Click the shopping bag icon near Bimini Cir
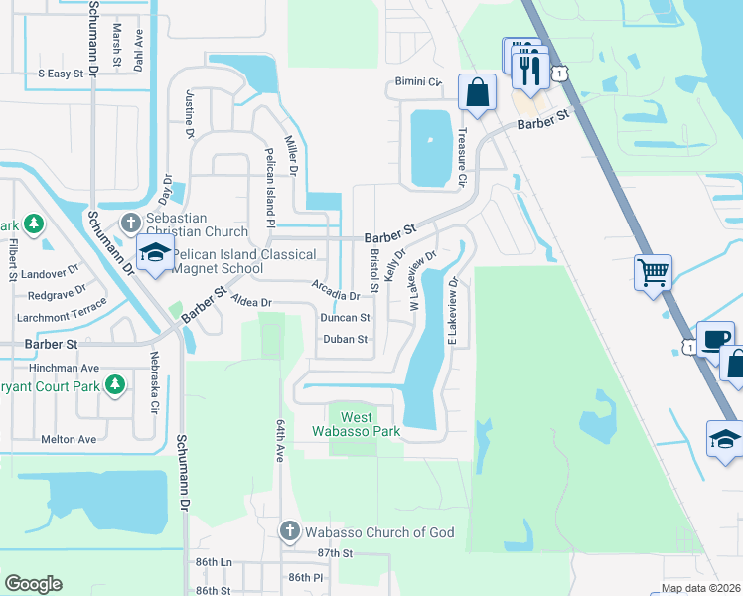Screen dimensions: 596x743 (x=477, y=92)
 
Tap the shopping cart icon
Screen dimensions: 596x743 (x=653, y=271)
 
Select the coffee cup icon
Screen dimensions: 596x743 (x=716, y=338)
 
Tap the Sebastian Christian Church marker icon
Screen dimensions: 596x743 (x=130, y=221)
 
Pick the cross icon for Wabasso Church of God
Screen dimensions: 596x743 (x=290, y=532)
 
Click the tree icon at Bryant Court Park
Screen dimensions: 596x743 (x=115, y=383)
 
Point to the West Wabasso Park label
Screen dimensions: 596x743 (x=357, y=425)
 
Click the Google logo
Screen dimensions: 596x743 (x=33, y=584)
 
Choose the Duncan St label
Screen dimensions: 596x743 (x=345, y=318)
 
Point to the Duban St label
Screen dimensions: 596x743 (x=347, y=339)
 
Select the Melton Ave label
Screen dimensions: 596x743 (x=69, y=439)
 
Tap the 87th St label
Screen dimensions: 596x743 (x=335, y=553)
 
